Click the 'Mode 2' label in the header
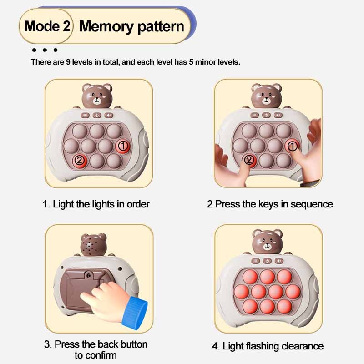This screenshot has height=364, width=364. tap(47, 25)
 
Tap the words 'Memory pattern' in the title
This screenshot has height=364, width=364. tap(131, 25)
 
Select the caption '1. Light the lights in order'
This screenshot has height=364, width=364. tap(96, 204)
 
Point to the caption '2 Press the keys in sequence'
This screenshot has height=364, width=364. tap(270, 204)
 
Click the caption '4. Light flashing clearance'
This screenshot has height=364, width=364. tap(268, 346)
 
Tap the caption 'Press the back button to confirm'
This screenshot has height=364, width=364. tap(96, 349)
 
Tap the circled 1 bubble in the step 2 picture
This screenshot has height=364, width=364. tap(293, 146)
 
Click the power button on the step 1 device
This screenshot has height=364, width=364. tap(97, 116)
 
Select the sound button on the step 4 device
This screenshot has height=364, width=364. tap(278, 261)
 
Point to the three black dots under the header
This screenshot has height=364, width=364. tap(45, 50)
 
